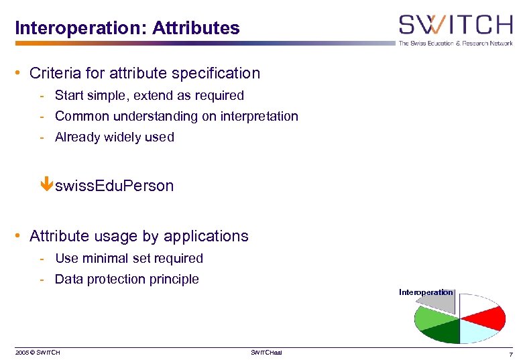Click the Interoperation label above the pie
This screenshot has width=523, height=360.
pyautogui.click(x=426, y=292)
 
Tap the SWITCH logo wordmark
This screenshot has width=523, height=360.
pyautogui.click(x=455, y=25)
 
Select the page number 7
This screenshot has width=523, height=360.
pyautogui.click(x=510, y=353)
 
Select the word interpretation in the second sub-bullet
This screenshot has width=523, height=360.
pyautogui.click(x=259, y=117)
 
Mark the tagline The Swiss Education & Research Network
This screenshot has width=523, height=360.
pyautogui.click(x=455, y=43)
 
